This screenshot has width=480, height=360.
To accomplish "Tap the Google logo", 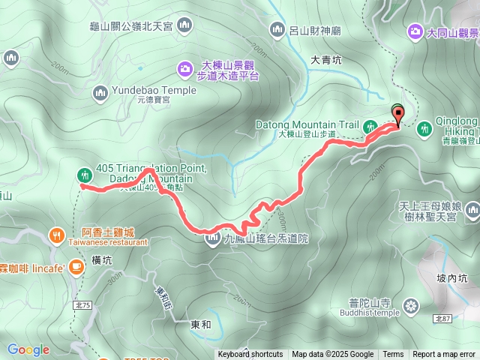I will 28,349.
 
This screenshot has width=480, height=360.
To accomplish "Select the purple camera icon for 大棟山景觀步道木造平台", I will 184,70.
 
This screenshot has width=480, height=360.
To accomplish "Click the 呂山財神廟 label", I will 315,31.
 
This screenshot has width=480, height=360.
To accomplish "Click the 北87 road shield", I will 442,319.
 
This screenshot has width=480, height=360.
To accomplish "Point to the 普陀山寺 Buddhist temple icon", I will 410,305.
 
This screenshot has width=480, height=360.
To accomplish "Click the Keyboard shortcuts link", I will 250,355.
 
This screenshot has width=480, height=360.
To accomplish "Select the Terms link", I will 393,355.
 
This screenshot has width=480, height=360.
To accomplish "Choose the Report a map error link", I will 445,355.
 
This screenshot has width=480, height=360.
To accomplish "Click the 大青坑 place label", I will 326,59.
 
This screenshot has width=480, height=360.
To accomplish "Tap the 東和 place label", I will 201,325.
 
